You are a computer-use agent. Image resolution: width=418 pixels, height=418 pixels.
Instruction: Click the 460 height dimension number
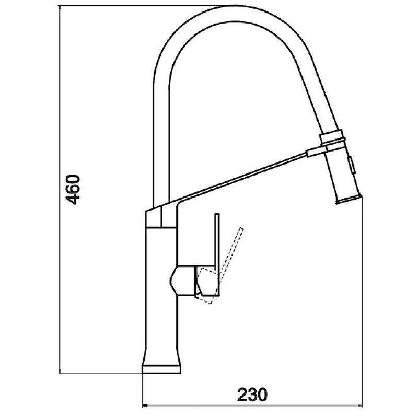coord(73,189)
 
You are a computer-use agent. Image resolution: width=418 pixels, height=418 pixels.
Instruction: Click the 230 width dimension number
coord(252,394)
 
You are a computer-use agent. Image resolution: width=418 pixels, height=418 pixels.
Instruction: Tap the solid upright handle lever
coord(217,242)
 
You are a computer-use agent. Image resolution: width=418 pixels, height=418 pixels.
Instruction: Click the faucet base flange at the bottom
coord(161,369)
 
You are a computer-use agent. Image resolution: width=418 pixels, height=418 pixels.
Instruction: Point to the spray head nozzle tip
coord(349,200)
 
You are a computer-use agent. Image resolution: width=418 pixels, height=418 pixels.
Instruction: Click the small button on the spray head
coord(350,166)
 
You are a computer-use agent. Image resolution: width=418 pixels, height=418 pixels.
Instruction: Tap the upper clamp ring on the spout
coord(331,136)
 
